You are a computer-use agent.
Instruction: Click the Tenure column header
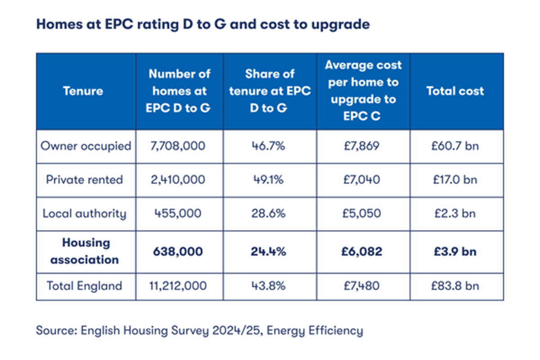click(x=83, y=91)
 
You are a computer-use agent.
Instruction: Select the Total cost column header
click(x=455, y=91)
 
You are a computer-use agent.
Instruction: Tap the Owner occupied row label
click(x=86, y=146)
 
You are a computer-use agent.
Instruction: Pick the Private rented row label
click(x=84, y=180)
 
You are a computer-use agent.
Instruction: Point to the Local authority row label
click(x=84, y=213)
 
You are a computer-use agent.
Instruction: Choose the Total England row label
click(x=84, y=286)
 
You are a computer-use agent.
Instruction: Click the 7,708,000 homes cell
click(x=180, y=146)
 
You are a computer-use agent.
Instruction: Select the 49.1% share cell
click(x=269, y=180)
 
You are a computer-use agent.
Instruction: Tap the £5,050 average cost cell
click(x=362, y=213)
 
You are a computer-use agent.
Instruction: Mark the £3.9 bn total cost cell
click(x=456, y=251)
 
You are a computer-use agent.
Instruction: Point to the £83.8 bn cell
click(x=456, y=286)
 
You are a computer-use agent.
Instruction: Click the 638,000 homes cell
click(x=180, y=251)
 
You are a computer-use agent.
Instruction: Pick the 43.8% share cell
click(x=269, y=286)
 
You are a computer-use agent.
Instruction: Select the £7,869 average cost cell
click(x=362, y=146)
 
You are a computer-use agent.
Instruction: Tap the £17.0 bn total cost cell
click(x=456, y=180)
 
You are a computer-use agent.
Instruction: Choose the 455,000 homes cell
click(x=180, y=213)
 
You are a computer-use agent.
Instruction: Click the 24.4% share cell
click(x=269, y=251)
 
